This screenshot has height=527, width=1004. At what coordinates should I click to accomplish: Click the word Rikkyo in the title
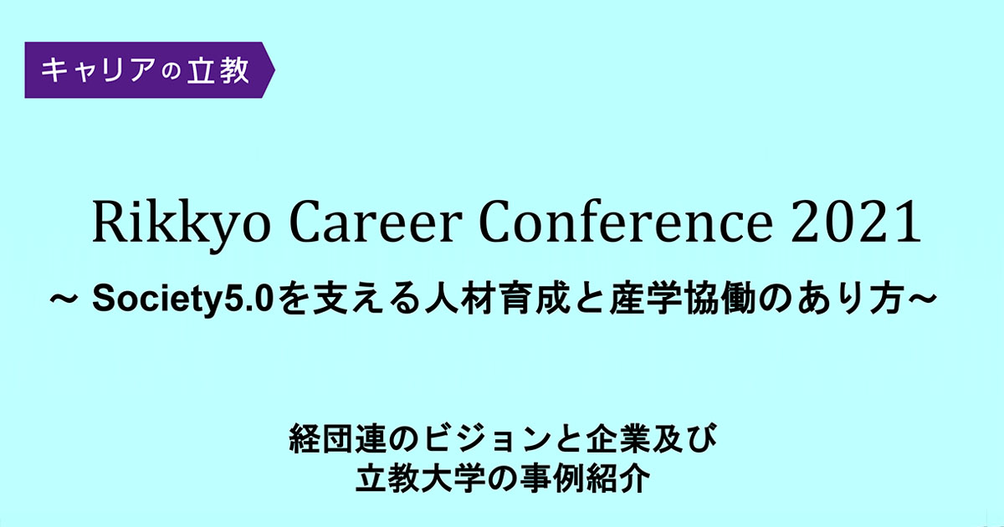(x=181, y=224)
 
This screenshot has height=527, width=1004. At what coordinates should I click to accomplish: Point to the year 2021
(x=856, y=222)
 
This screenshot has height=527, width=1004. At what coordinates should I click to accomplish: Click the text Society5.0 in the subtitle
(x=183, y=299)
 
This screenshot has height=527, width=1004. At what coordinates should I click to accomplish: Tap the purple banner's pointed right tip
(x=274, y=70)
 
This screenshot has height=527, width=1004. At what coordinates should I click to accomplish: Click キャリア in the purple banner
(x=98, y=70)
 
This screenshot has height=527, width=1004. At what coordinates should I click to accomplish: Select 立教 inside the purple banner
(x=218, y=70)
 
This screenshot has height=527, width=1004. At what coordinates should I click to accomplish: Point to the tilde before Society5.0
(x=64, y=299)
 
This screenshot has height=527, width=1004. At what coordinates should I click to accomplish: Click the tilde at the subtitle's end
(x=922, y=299)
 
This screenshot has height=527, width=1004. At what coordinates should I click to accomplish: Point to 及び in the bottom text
(x=685, y=439)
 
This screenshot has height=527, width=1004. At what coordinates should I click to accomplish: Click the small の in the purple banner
(x=171, y=72)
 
